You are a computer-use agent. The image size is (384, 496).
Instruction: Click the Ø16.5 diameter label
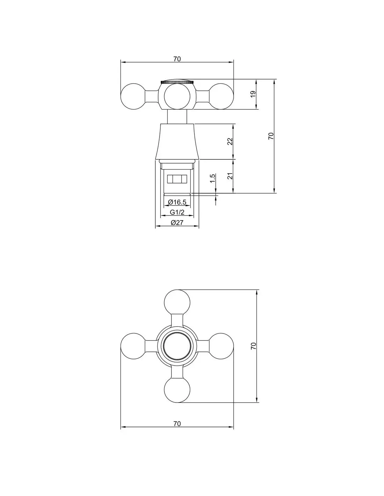coord(177,202)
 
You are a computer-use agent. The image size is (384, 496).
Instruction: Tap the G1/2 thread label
coord(177,212)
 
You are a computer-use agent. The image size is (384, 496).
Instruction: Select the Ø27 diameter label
coord(177,222)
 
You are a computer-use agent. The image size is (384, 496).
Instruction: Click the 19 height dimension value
coord(253,94)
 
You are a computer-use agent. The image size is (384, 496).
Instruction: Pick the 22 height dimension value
coord(230,141)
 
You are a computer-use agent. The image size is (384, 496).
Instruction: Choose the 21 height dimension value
coord(230,176)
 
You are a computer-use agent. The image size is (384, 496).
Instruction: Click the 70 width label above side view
coord(177,59)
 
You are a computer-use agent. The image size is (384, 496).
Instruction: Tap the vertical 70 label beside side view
coord(271,136)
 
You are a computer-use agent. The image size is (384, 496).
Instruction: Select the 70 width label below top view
coord(177,424)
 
